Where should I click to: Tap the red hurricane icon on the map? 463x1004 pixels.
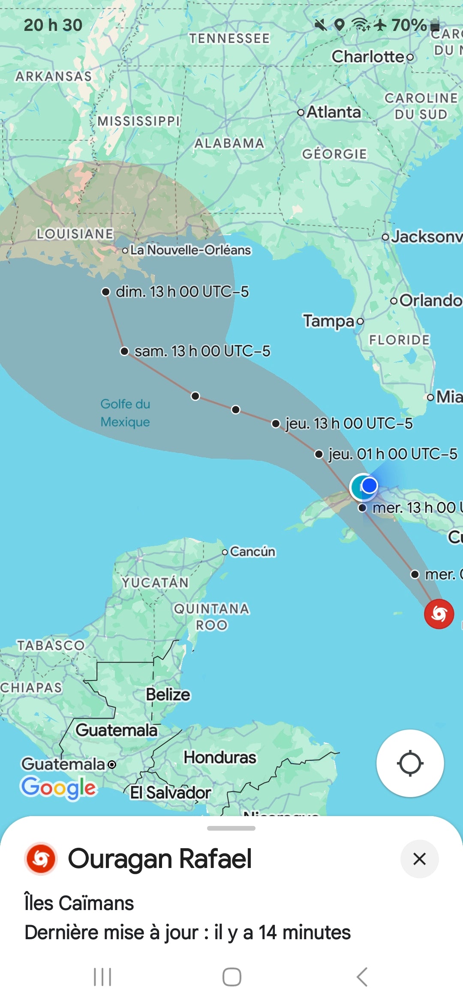coord(439,614)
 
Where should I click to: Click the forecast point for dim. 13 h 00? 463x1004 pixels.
coord(105,292)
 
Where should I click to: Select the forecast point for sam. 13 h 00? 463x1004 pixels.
coord(124,351)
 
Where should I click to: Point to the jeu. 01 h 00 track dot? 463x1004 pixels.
coord(319,454)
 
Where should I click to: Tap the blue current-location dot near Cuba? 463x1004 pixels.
coord(369,486)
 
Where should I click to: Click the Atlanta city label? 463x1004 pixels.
coord(334,112)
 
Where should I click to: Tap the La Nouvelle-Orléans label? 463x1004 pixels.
coord(190,250)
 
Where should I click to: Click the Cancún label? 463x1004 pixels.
coord(252,551)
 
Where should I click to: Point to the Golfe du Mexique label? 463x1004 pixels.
coord(125,413)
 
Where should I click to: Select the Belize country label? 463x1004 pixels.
coord(168,694)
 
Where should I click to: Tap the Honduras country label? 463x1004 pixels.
coord(220,757)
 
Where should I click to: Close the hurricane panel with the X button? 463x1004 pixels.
coord(419,859)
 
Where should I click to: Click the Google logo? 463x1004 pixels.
coord(59,788)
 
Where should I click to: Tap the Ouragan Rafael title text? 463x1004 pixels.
coord(160,859)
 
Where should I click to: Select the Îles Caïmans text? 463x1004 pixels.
coord(79,903)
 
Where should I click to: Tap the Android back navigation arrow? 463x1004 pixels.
coord(362,977)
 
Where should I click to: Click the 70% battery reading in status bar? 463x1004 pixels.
coord(409,25)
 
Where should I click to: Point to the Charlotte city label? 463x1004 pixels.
coord(368,57)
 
